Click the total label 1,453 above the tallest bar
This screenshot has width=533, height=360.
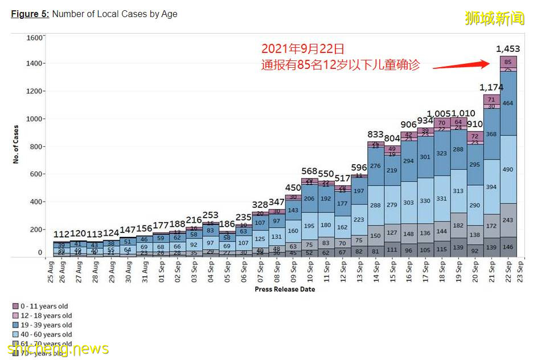coord(507,49)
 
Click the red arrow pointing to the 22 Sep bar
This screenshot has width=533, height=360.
coord(461,65)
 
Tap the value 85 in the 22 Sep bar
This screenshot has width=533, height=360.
coord(507,62)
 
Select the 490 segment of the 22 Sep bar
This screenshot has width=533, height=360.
coord(507,169)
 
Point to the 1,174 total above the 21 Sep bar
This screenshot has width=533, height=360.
coord(491,87)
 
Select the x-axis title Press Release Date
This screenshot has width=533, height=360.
coord(285,289)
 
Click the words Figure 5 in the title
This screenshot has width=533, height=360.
coord(30,14)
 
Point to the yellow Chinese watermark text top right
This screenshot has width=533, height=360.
coord(494,18)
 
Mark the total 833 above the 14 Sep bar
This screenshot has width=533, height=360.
coord(375,134)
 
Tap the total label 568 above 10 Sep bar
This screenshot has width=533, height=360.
coord(310,171)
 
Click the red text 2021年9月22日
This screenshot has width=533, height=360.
coord(302,49)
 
